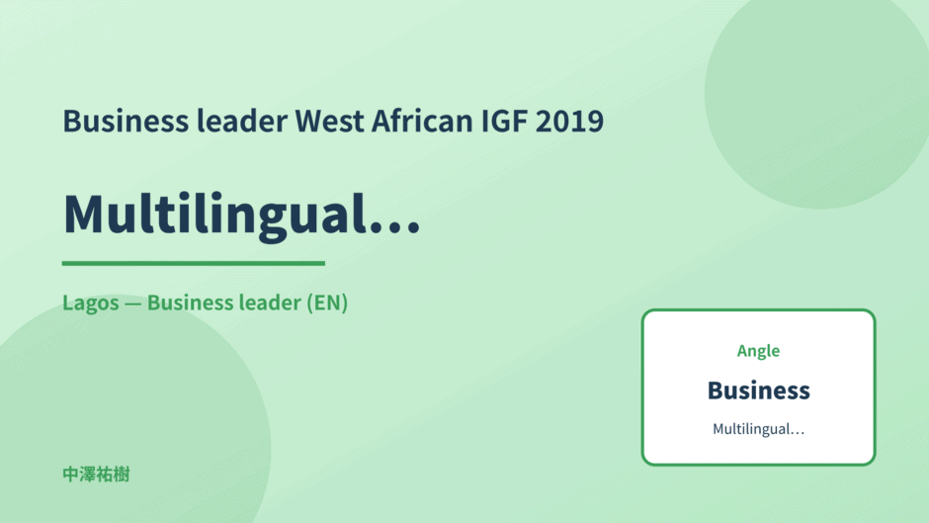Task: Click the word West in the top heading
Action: (x=329, y=121)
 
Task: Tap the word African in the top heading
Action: (x=422, y=121)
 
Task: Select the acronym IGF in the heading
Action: (x=504, y=121)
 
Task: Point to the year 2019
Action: (x=569, y=121)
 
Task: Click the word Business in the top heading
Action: (x=126, y=121)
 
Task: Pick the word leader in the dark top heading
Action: (x=242, y=121)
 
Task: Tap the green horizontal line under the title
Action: (x=193, y=263)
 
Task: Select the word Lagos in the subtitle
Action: (x=91, y=304)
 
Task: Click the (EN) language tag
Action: (x=326, y=303)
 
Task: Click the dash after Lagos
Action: (x=133, y=304)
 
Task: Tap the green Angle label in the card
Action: (x=758, y=351)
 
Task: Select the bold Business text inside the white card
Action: (x=758, y=391)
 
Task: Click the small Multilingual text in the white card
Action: (x=758, y=429)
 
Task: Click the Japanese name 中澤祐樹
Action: (x=96, y=475)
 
